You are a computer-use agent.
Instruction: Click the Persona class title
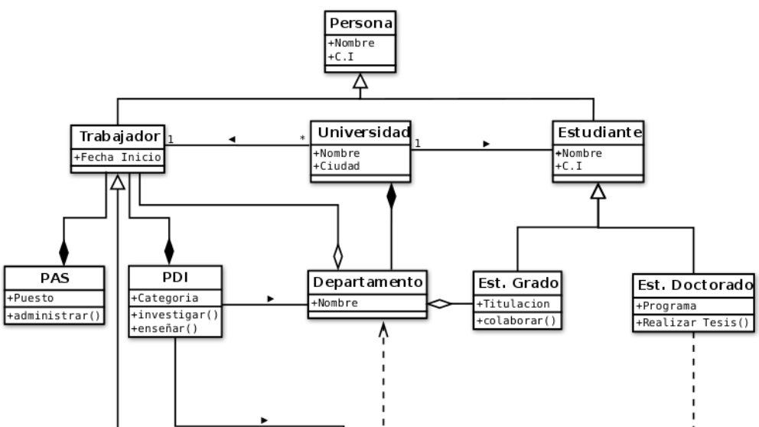[360, 24]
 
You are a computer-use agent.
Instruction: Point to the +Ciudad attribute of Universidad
[337, 165]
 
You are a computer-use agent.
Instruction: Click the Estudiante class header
[598, 132]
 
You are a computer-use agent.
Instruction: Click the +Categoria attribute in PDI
[165, 298]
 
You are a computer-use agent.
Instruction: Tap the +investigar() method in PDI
[174, 314]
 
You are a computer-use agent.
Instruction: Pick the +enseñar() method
[165, 328]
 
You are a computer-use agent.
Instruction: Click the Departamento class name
[366, 282]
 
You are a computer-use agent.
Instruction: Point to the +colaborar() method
[516, 320]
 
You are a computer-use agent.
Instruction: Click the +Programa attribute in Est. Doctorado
[666, 306]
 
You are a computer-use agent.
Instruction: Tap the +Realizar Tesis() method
[692, 322]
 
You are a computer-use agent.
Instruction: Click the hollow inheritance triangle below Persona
[360, 81]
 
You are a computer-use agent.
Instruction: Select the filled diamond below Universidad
[392, 196]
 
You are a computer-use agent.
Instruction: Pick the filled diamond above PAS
[64, 251]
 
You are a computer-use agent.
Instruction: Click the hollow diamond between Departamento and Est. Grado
[439, 304]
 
